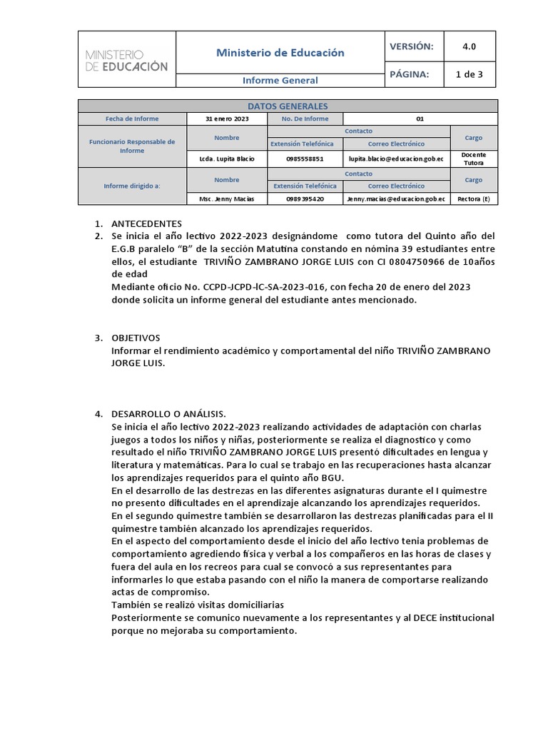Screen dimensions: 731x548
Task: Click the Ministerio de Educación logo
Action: tap(126, 60)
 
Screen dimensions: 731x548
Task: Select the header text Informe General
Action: tap(280, 81)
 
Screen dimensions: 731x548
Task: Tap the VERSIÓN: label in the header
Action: tap(411, 46)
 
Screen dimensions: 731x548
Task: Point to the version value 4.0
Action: tap(469, 46)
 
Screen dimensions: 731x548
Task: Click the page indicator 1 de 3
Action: tap(469, 74)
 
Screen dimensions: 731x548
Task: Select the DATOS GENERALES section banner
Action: tap(288, 106)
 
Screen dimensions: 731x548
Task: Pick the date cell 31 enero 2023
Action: tap(226, 119)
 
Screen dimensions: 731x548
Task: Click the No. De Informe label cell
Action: tap(305, 119)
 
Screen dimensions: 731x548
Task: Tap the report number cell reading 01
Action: tap(420, 119)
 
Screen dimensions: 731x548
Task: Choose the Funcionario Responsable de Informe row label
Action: tap(132, 146)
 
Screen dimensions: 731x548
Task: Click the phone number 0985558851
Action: tap(305, 158)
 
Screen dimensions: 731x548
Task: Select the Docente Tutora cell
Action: tap(474, 158)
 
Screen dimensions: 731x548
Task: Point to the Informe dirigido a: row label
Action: tap(132, 186)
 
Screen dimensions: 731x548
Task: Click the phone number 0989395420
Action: tap(305, 199)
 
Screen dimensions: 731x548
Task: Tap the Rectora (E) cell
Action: tap(474, 199)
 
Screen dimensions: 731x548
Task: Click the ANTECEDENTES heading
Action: tap(146, 223)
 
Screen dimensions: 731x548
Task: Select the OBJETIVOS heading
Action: tap(136, 338)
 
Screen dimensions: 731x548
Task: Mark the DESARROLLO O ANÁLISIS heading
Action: tap(168, 414)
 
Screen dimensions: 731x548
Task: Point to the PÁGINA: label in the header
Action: tap(409, 74)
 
